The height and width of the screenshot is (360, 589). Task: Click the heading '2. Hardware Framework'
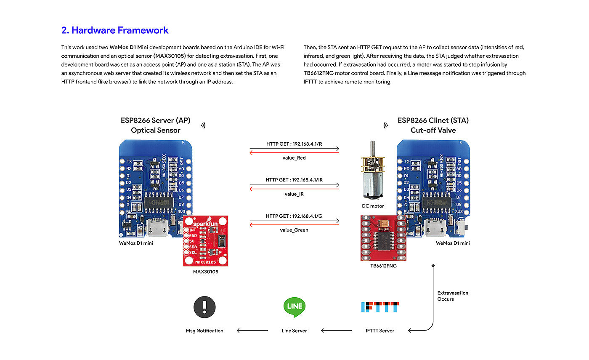tap(115, 30)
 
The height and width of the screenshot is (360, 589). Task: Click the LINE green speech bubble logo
tap(294, 307)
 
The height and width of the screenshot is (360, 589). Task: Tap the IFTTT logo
tap(380, 307)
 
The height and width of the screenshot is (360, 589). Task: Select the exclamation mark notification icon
tap(204, 307)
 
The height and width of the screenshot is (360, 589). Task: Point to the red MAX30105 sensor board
tap(206, 240)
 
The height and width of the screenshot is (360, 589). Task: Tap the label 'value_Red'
tap(294, 158)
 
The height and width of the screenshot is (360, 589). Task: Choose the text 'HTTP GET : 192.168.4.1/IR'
tap(294, 180)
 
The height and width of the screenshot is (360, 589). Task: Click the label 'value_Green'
tap(294, 230)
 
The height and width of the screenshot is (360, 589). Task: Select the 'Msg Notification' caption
tap(204, 331)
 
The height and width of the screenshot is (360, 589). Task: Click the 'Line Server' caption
tap(294, 331)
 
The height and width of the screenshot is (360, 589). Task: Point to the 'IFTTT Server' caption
tap(380, 331)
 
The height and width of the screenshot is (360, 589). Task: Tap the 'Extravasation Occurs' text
tap(453, 296)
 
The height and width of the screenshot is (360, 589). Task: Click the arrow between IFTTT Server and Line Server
tap(337, 331)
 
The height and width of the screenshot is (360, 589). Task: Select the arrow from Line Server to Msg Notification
tap(252, 331)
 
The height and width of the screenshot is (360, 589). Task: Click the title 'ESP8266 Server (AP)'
tap(156, 120)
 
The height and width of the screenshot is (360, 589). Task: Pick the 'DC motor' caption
tap(373, 206)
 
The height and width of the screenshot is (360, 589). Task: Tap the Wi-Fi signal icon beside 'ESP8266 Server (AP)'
tap(203, 125)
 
